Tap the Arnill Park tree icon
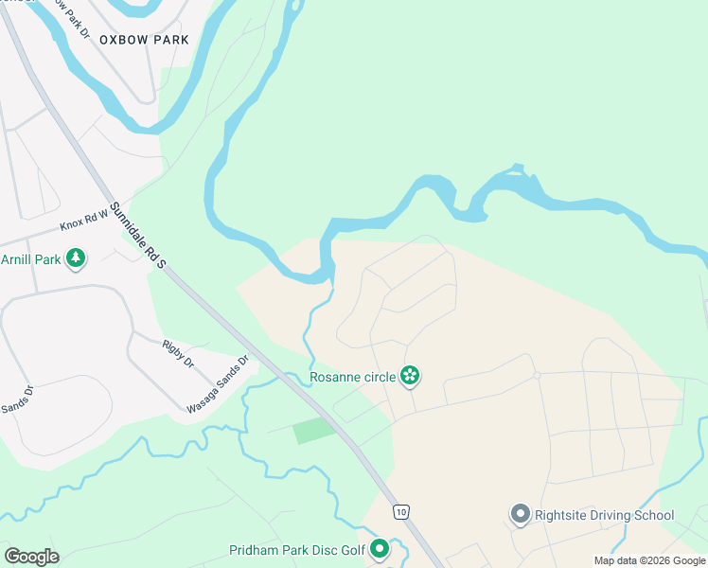tap(76, 257)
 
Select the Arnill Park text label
tap(30, 258)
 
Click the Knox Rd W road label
tap(84, 222)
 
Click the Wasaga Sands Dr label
tap(217, 384)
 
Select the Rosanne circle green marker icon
tap(410, 377)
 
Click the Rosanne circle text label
tap(353, 377)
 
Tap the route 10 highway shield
tap(401, 511)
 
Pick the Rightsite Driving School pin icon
tap(520, 515)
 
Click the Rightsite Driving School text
tap(604, 515)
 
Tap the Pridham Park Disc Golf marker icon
tap(380, 549)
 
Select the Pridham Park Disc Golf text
tap(296, 550)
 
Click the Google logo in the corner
tap(31, 556)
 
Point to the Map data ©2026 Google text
tap(648, 560)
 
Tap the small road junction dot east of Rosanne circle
tap(536, 376)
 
